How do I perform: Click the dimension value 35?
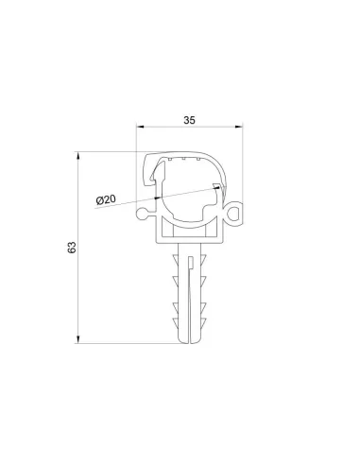pos(189,121)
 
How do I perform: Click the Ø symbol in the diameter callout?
pos(99,199)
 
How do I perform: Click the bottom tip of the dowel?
pos(191,339)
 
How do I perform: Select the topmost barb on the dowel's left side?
pos(177,260)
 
